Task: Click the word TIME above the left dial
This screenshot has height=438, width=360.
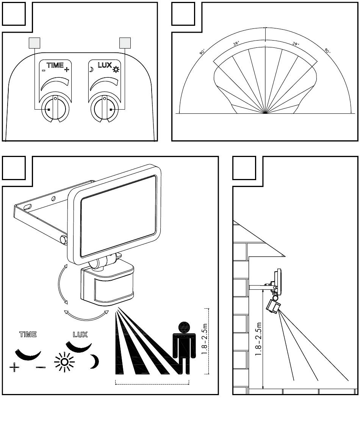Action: [55, 65]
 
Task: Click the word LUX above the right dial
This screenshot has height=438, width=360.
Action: [105, 65]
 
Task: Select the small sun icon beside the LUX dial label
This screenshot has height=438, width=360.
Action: [116, 69]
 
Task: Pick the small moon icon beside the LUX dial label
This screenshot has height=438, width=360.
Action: [91, 69]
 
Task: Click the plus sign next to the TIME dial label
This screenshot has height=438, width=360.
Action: [66, 69]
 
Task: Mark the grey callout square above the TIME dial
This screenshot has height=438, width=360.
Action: [34, 43]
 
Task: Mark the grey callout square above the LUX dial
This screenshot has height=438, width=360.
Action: [125, 43]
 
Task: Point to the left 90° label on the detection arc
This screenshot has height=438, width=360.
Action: [202, 52]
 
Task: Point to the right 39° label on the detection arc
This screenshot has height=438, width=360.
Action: [296, 44]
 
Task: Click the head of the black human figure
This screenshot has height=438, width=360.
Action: [184, 327]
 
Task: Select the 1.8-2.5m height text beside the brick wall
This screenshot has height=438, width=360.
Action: [258, 339]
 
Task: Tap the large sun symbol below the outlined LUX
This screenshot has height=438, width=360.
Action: [64, 362]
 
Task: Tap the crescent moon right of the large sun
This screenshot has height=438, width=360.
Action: [95, 361]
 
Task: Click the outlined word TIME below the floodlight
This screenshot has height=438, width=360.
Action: [28, 334]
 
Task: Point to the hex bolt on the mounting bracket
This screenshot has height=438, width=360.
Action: [64, 240]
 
